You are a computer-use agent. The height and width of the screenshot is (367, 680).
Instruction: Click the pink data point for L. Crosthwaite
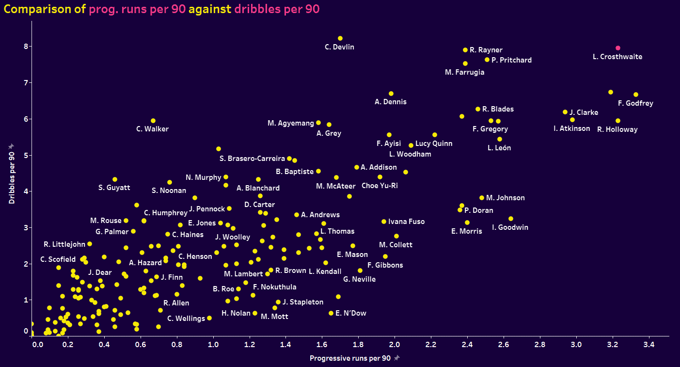[x=618, y=48]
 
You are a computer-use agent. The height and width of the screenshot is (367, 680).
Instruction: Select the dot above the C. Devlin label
[x=340, y=38]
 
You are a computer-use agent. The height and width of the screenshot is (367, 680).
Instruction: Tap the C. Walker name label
[x=152, y=129]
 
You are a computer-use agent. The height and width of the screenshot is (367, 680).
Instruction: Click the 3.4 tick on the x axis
[x=649, y=344]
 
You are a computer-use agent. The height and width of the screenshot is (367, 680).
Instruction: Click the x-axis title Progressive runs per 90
[x=350, y=358]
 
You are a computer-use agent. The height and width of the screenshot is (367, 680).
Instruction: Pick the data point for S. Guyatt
[x=115, y=179]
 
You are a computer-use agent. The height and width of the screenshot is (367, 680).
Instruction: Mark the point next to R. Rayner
[x=465, y=50]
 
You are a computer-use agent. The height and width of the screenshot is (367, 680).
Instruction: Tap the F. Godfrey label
[x=636, y=103]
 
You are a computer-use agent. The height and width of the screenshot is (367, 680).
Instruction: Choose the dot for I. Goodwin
[x=511, y=219]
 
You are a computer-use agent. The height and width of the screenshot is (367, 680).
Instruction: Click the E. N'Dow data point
[x=331, y=313]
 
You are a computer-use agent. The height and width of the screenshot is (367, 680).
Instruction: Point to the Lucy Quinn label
[x=434, y=144]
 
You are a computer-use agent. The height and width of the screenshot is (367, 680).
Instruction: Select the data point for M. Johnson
[x=482, y=198]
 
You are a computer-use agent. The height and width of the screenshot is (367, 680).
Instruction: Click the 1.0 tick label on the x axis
[x=213, y=344]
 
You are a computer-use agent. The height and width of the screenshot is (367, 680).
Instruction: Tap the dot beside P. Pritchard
[x=487, y=60]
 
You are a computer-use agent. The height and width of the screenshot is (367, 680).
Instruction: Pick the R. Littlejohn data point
[x=90, y=244]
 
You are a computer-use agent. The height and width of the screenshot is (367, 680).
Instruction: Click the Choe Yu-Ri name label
[x=380, y=186]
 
